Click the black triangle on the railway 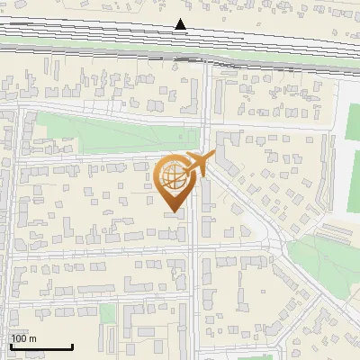[181, 24]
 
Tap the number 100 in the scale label [18, 338]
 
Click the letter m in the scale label [33, 338]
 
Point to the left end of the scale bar [10, 347]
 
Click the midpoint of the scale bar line [41, 347]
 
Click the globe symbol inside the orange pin [173, 177]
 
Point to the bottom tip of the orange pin [173, 213]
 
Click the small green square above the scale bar [108, 313]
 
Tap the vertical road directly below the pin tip [193, 270]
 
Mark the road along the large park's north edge [108, 112]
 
